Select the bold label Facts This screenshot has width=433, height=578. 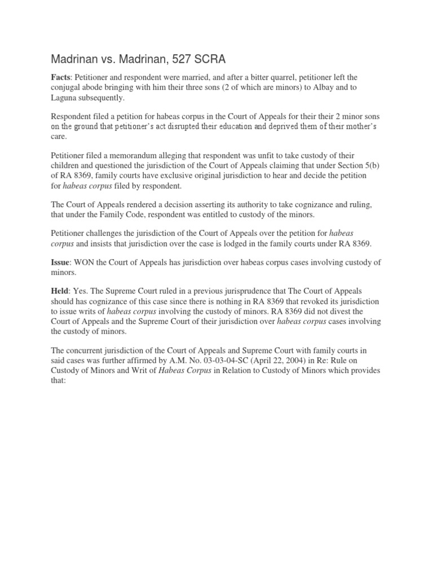(61, 77)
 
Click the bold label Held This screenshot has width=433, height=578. (61, 290)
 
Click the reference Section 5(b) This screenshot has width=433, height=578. (350, 165)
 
